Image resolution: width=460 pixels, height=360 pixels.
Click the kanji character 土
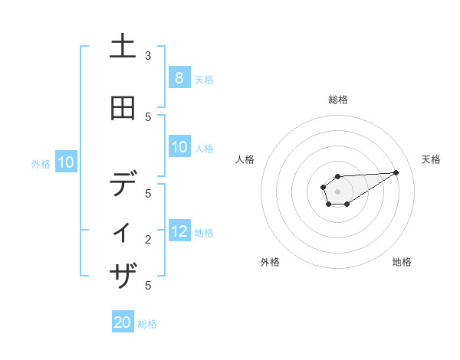pyautogui.click(x=123, y=47)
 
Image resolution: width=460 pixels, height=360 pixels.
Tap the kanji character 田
pyautogui.click(x=123, y=108)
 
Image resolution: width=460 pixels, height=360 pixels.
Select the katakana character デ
pyautogui.click(x=123, y=185)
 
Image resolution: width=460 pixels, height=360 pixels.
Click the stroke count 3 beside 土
pyautogui.click(x=148, y=56)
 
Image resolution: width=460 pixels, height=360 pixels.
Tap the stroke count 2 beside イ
pyautogui.click(x=148, y=240)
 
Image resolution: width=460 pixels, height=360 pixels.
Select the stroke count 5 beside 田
pyautogui.click(x=148, y=117)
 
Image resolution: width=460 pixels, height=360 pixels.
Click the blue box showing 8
pyautogui.click(x=179, y=78)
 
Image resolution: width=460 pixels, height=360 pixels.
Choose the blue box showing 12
pyautogui.click(x=179, y=231)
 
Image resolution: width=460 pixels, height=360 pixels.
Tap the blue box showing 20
pyautogui.click(x=123, y=322)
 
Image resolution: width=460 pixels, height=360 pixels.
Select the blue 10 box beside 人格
pyautogui.click(x=179, y=147)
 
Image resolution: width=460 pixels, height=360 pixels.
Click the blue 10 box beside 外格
pyautogui.click(x=66, y=162)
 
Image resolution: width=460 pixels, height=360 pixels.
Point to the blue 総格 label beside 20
pyautogui.click(x=147, y=324)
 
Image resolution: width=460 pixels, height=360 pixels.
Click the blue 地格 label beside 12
pyautogui.click(x=204, y=233)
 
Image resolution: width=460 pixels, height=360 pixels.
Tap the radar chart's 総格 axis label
pyautogui.click(x=338, y=100)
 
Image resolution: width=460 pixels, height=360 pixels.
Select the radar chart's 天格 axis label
pyautogui.click(x=431, y=159)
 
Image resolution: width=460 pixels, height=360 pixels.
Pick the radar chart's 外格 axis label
pyautogui.click(x=270, y=262)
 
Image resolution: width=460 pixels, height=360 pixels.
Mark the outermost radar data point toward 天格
pyautogui.click(x=396, y=172)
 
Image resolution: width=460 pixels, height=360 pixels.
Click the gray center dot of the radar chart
pyautogui.click(x=337, y=191)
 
